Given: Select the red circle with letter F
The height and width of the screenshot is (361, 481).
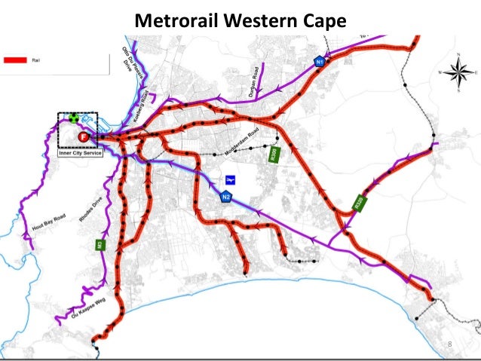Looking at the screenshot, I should click(x=83, y=136).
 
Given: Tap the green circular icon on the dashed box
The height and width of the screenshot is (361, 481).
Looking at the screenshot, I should click(x=73, y=118).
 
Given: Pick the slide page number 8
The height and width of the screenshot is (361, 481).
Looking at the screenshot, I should click(x=450, y=344).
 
